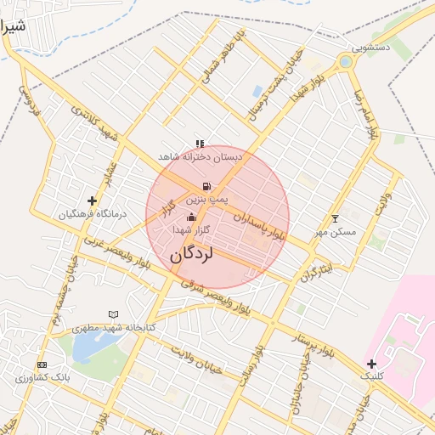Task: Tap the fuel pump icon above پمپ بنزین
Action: coord(205,186)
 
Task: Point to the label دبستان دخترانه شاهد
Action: coord(200,157)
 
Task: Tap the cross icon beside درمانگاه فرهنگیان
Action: coord(92,201)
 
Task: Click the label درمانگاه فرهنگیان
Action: coord(92,214)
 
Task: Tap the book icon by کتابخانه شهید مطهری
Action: coord(113,314)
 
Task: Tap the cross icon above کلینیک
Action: coord(371,364)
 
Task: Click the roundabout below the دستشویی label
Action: coord(345,62)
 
